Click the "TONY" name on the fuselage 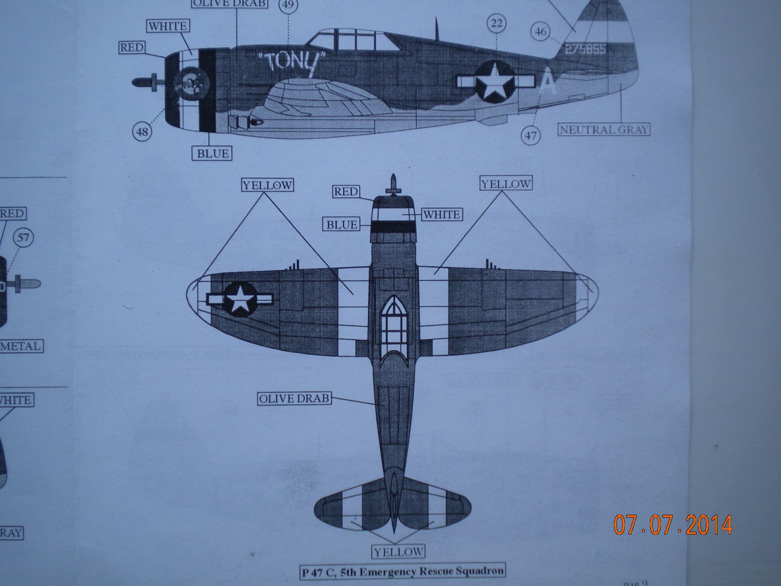point(291,63)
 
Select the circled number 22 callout point(496,23)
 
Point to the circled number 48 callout point(142,131)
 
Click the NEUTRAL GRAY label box point(605,129)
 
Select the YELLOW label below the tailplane point(398,552)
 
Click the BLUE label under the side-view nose point(212,153)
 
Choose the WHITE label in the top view point(441,214)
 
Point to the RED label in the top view point(346,191)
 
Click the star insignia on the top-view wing point(240,299)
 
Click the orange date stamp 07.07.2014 point(673,525)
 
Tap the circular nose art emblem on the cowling point(190,83)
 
